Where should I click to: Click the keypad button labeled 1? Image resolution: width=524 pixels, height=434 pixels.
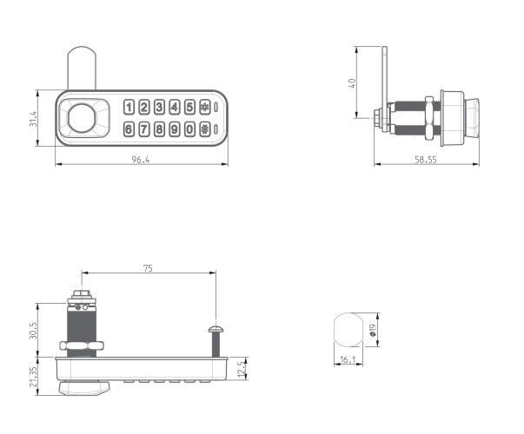pyautogui.click(x=129, y=108)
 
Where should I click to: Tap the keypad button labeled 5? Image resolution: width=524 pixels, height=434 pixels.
pyautogui.click(x=189, y=108)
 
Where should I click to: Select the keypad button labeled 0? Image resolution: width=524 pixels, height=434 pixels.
pyautogui.click(x=189, y=129)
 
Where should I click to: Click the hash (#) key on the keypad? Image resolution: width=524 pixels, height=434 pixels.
pyautogui.click(x=204, y=129)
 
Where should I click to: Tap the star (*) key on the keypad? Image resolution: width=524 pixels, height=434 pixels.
pyautogui.click(x=204, y=108)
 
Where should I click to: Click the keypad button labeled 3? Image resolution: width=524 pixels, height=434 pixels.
pyautogui.click(x=160, y=108)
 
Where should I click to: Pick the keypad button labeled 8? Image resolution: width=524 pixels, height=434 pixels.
pyautogui.click(x=160, y=129)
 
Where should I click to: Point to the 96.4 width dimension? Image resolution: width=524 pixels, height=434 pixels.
pyautogui.click(x=141, y=159)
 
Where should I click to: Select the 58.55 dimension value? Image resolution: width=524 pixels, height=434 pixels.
pyautogui.click(x=425, y=159)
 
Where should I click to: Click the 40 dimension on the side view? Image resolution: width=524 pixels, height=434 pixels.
pyautogui.click(x=352, y=83)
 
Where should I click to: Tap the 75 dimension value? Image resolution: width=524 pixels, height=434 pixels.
pyautogui.click(x=148, y=269)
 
